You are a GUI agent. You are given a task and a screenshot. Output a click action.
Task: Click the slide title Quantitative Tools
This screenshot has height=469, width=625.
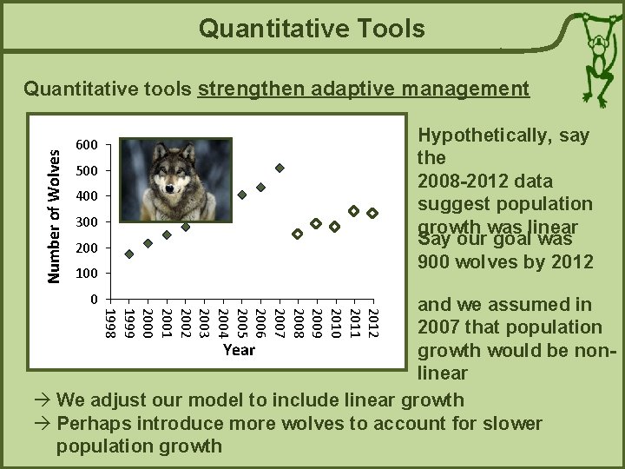[312, 30]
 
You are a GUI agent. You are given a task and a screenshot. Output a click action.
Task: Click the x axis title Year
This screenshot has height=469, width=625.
[239, 350]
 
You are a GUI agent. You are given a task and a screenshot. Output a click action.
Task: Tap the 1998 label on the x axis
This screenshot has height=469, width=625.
[110, 322]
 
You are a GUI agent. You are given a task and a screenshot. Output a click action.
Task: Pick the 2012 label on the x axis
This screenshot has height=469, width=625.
[372, 322]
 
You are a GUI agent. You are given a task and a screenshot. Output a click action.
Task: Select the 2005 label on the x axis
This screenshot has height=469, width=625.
[241, 322]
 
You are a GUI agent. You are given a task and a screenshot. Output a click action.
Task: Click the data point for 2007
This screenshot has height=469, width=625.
[280, 168]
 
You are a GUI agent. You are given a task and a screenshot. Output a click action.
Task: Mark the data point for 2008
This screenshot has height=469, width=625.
[298, 234]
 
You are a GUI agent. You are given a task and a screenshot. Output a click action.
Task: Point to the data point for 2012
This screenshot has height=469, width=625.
[372, 213]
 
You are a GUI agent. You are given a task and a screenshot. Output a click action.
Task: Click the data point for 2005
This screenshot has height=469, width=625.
[242, 195]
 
